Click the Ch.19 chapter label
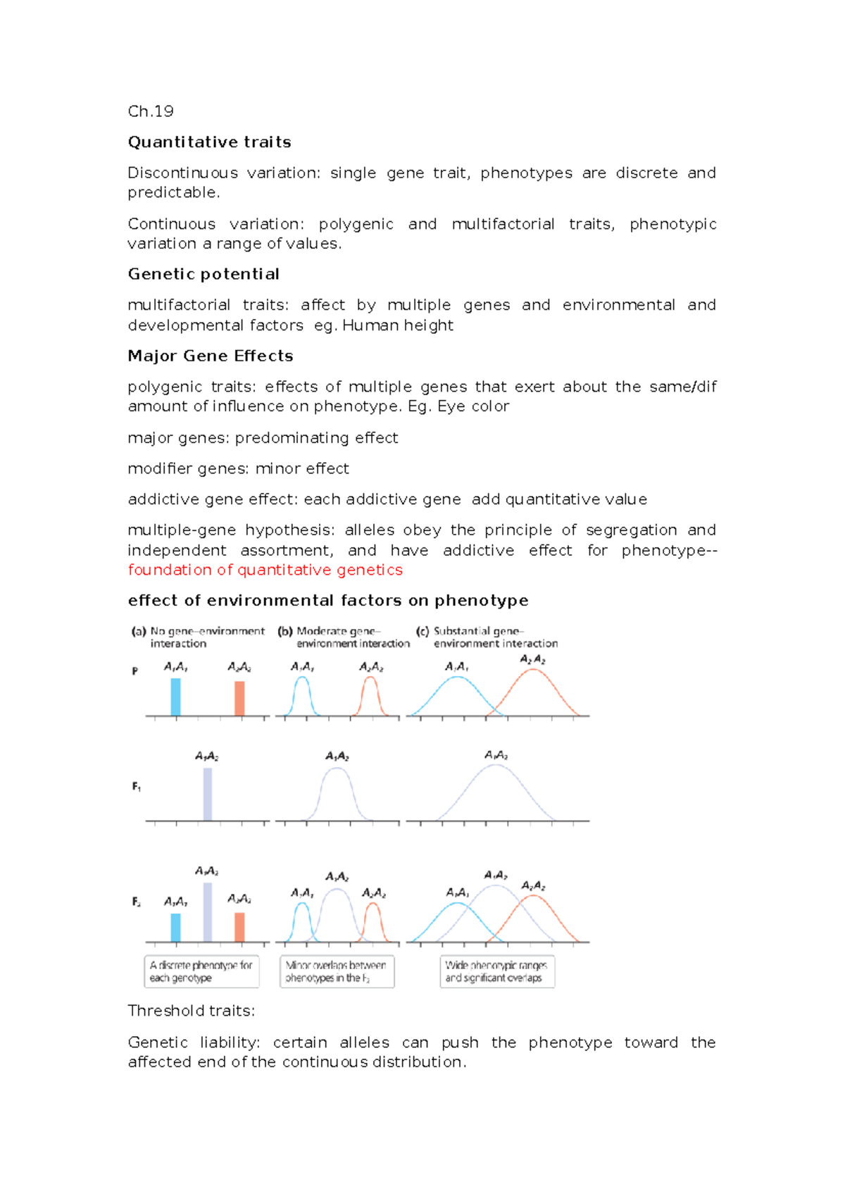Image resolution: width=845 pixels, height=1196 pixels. (x=150, y=111)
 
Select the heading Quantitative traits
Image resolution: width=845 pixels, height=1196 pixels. (x=209, y=142)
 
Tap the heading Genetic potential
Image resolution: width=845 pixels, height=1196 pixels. (x=204, y=274)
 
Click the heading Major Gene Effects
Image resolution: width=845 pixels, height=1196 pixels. (x=210, y=356)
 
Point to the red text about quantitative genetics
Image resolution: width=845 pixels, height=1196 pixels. (x=265, y=570)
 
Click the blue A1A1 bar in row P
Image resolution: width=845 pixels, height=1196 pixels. (x=176, y=697)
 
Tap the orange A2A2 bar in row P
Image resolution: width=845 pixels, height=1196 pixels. (x=239, y=698)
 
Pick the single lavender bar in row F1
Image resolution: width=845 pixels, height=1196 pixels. (x=207, y=794)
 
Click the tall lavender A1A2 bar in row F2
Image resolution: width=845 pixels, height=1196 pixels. (x=207, y=911)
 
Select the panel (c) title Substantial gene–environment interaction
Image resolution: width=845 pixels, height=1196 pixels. (x=487, y=637)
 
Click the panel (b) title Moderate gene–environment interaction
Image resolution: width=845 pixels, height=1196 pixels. (x=345, y=637)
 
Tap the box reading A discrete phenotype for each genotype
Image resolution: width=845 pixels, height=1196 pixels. (x=201, y=971)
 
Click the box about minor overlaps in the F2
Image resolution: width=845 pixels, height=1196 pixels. (x=337, y=971)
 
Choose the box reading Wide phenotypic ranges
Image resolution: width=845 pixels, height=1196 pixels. (x=496, y=971)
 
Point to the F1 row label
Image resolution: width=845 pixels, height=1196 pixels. (x=137, y=787)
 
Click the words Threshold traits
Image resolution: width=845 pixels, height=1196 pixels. (x=191, y=1011)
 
